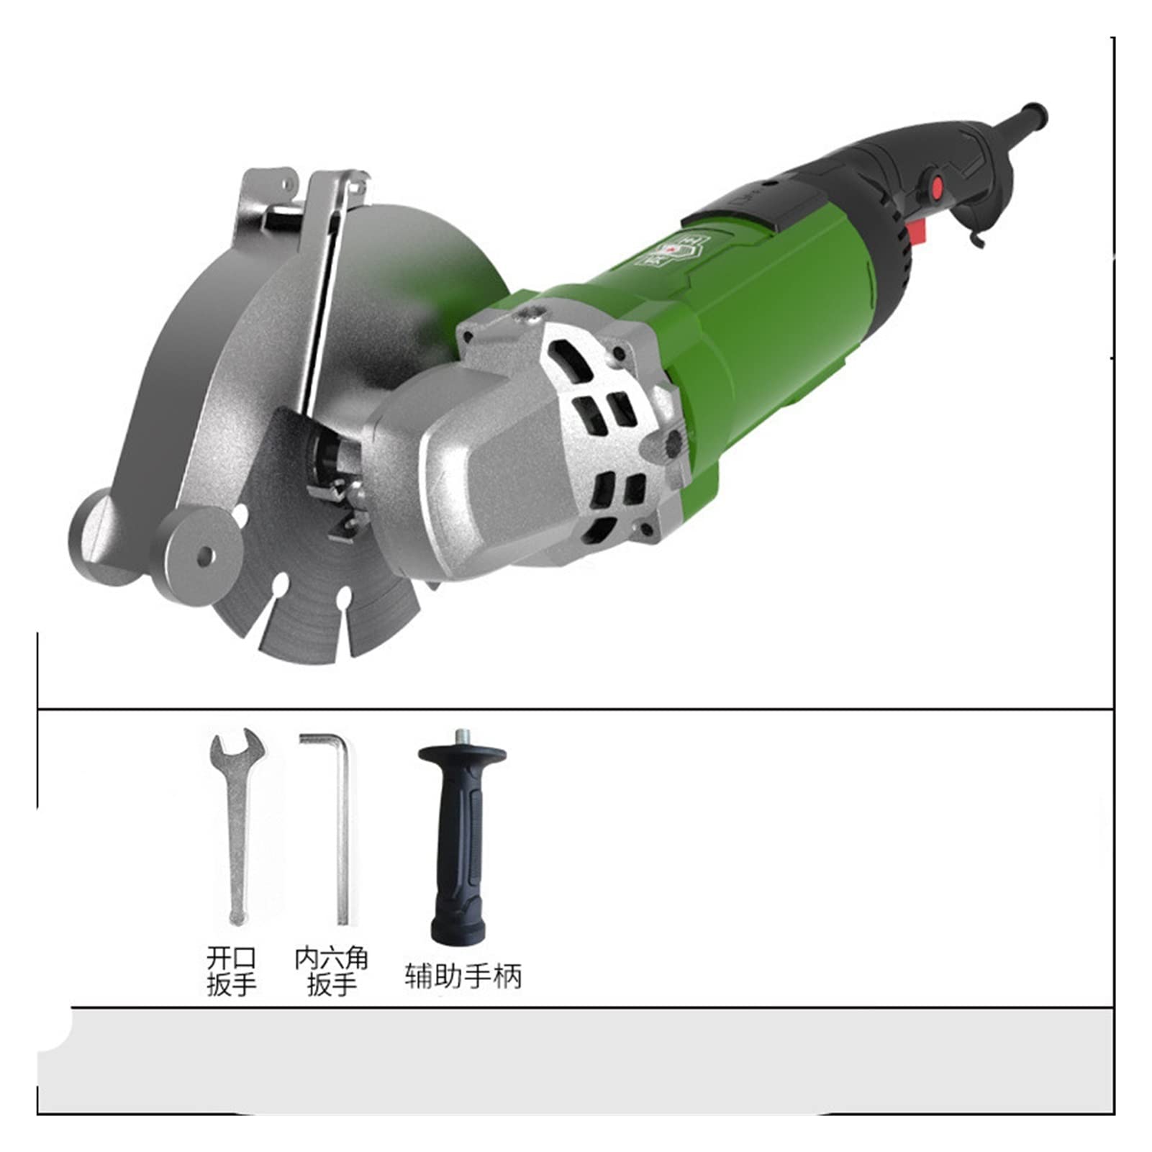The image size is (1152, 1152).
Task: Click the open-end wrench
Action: point(235,827)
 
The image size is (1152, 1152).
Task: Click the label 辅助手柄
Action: point(463,976)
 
